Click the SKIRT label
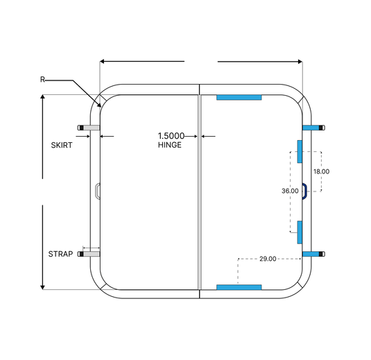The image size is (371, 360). pyautogui.click(x=62, y=145)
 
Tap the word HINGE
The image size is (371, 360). pyautogui.click(x=170, y=145)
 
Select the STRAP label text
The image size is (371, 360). pyautogui.click(x=60, y=254)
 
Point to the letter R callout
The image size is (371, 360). pyautogui.click(x=42, y=80)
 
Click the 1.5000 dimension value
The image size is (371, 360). pyautogui.click(x=171, y=136)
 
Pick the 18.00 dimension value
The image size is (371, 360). pyautogui.click(x=321, y=171)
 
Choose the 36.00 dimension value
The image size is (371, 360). pyautogui.click(x=290, y=191)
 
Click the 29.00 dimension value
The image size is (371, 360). pyautogui.click(x=268, y=259)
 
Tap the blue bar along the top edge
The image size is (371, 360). pyautogui.click(x=239, y=97)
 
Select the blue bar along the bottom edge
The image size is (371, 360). pyautogui.click(x=239, y=287)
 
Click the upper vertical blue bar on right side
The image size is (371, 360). pyautogui.click(x=300, y=151)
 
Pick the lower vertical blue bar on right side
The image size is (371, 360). pyautogui.click(x=300, y=232)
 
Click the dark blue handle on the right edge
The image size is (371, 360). pyautogui.click(x=304, y=191)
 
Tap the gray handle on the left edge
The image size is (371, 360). pyautogui.click(x=98, y=190)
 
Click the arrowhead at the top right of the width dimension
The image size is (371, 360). pyautogui.click(x=300, y=62)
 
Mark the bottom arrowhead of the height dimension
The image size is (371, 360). pyautogui.click(x=42, y=288)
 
